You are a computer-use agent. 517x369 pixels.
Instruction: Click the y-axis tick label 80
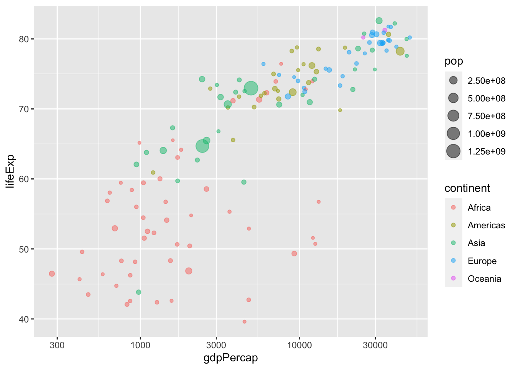25,39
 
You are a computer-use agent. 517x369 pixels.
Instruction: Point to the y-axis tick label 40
25,319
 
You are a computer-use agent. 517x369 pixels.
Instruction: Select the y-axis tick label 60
25,179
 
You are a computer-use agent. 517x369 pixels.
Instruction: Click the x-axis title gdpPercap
230,358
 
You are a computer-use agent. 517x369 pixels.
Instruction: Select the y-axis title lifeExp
10,171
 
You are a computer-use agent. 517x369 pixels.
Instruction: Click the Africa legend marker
454,208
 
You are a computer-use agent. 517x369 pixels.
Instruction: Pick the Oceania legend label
484,279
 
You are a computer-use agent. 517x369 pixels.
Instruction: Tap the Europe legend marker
454,261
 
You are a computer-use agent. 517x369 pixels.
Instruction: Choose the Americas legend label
486,225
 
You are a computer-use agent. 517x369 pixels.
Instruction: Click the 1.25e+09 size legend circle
454,151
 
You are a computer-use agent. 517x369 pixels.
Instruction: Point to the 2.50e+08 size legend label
487,81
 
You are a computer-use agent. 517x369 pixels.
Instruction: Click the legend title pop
454,61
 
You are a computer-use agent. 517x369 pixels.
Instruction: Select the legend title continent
467,188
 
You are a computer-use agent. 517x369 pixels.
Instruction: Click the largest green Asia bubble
251,88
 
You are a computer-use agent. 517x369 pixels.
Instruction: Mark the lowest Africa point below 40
244,322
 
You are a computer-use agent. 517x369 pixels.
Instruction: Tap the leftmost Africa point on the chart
52,274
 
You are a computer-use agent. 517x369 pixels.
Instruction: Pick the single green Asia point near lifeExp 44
138,292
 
